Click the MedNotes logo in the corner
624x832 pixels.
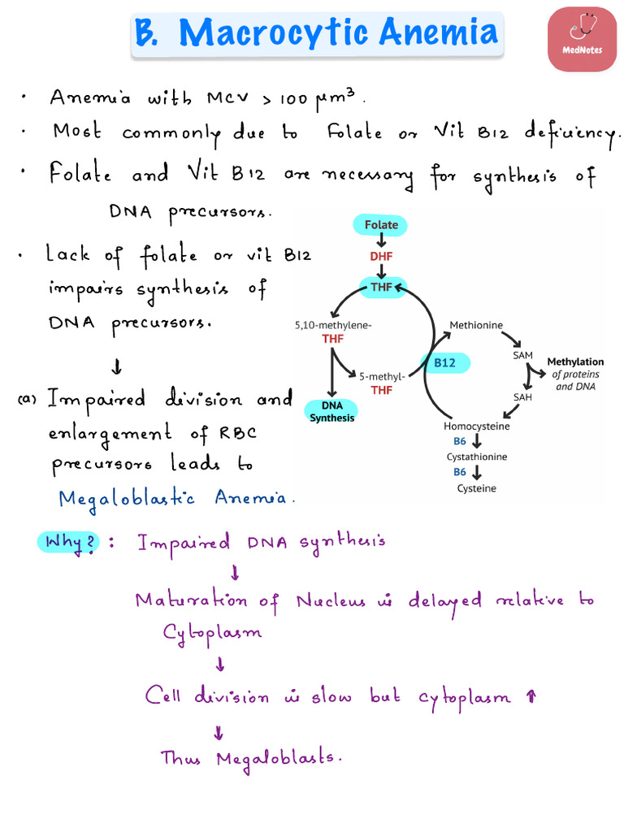pos(582,38)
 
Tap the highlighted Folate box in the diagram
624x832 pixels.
pos(380,225)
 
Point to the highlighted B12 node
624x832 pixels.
pos(444,363)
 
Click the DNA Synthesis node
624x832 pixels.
pos(331,412)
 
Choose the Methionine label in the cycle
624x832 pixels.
pos(476,325)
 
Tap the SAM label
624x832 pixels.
pos(523,356)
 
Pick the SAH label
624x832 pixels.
pos(522,396)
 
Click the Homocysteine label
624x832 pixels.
pos(477,426)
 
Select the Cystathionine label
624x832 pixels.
pos(477,457)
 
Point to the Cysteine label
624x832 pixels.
pos(477,488)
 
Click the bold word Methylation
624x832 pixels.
pos(575,362)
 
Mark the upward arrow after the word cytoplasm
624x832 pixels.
pos(531,696)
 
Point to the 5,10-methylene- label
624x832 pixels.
pos(333,325)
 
